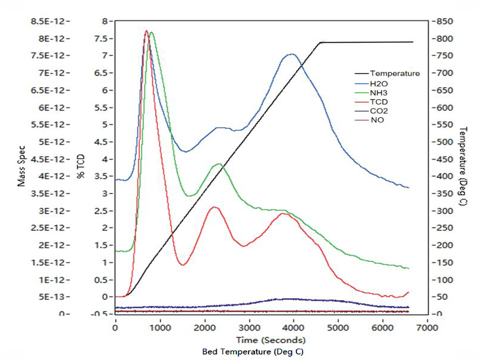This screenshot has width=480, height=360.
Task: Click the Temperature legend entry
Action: coord(394,74)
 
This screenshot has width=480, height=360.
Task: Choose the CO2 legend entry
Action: coord(378,111)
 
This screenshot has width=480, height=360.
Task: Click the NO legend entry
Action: coord(377,120)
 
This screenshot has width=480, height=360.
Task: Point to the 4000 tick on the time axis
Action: coord(293,329)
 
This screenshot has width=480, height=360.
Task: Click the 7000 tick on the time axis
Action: coord(426,329)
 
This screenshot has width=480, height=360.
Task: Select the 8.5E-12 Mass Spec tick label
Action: coord(52,22)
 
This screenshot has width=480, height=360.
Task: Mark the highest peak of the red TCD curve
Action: coord(146,31)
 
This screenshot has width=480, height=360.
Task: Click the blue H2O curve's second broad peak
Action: coord(292,54)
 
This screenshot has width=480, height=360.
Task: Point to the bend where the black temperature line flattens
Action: coord(322,43)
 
